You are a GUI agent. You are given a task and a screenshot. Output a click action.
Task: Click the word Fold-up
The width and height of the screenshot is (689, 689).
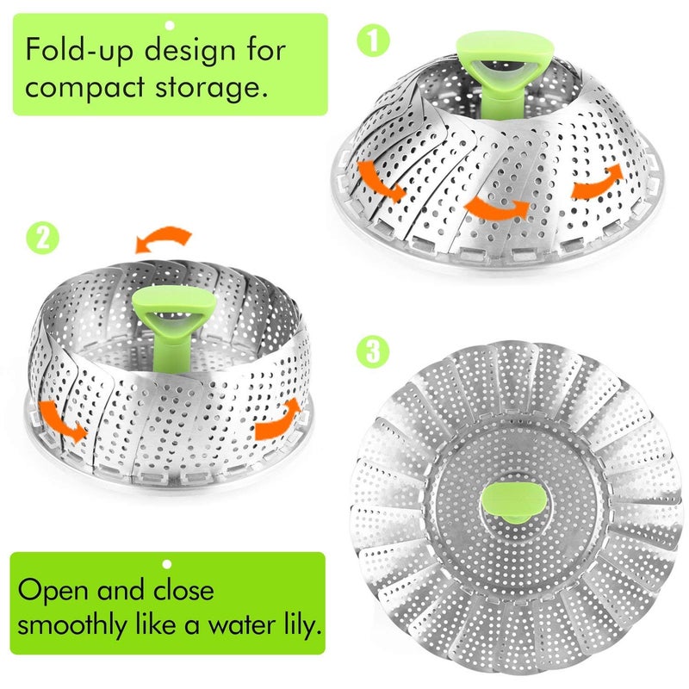(79, 51)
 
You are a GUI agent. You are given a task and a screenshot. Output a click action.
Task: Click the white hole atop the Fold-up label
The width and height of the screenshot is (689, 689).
(170, 25)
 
